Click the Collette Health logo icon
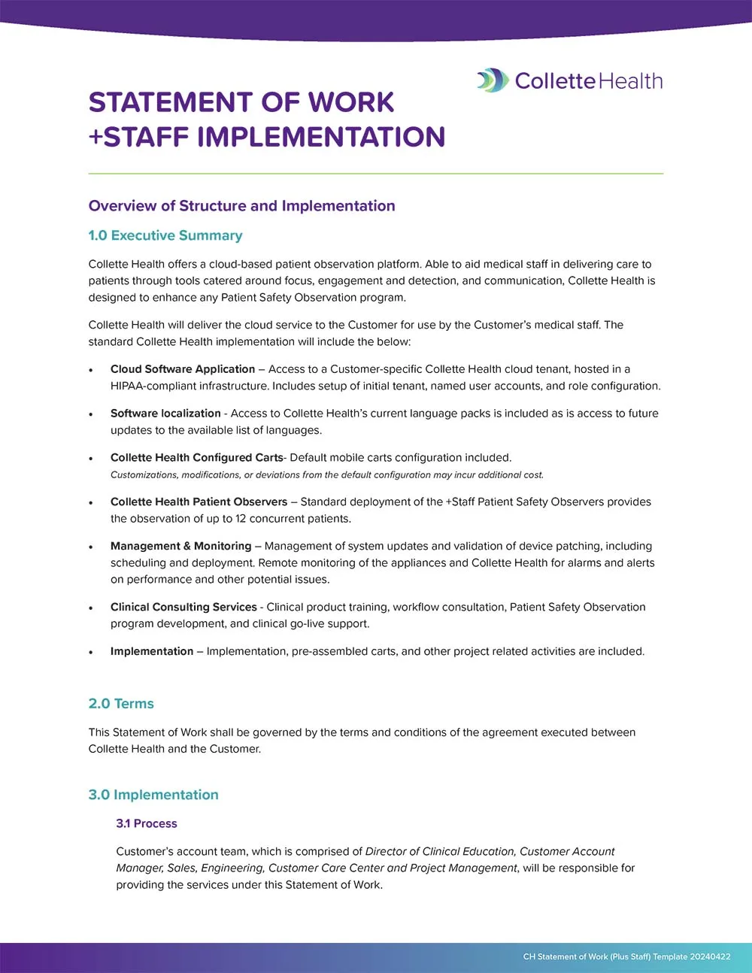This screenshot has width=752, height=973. [493, 80]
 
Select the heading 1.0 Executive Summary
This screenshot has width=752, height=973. [165, 235]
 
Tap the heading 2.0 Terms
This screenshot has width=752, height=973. [121, 704]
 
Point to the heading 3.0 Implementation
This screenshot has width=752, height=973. [153, 795]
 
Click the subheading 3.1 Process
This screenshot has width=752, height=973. [147, 823]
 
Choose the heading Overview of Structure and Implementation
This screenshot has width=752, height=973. [241, 206]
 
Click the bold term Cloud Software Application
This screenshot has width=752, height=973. [183, 369]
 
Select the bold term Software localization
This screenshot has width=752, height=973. [165, 414]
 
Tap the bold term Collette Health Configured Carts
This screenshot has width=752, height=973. [196, 458]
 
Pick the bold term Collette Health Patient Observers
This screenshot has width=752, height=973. [199, 502]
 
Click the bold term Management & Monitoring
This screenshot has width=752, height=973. [180, 546]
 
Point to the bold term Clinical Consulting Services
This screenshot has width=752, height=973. [183, 607]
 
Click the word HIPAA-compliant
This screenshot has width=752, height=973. [153, 386]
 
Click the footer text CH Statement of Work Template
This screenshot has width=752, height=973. [626, 956]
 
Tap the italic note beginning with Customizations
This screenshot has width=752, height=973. [326, 475]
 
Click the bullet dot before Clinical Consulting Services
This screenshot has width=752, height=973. [91, 608]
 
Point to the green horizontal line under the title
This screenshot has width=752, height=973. [376, 174]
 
